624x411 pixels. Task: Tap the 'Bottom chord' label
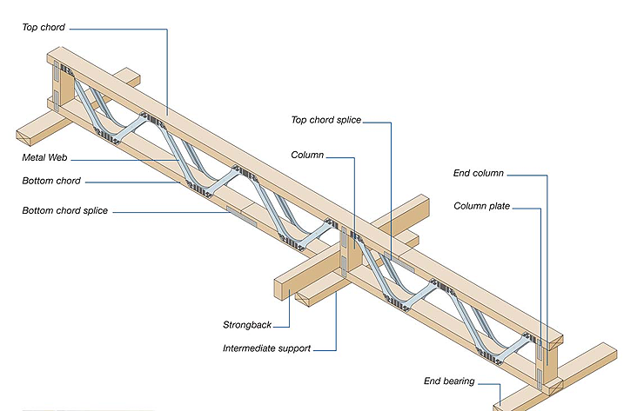[52, 181]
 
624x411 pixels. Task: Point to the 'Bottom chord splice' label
[65, 211]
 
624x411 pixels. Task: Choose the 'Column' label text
[307, 155]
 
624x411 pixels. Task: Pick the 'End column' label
[479, 173]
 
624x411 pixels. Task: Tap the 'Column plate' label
[481, 206]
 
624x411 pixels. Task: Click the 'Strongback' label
[247, 325]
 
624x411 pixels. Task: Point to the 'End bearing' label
[449, 381]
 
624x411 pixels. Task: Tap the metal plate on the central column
[345, 251]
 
